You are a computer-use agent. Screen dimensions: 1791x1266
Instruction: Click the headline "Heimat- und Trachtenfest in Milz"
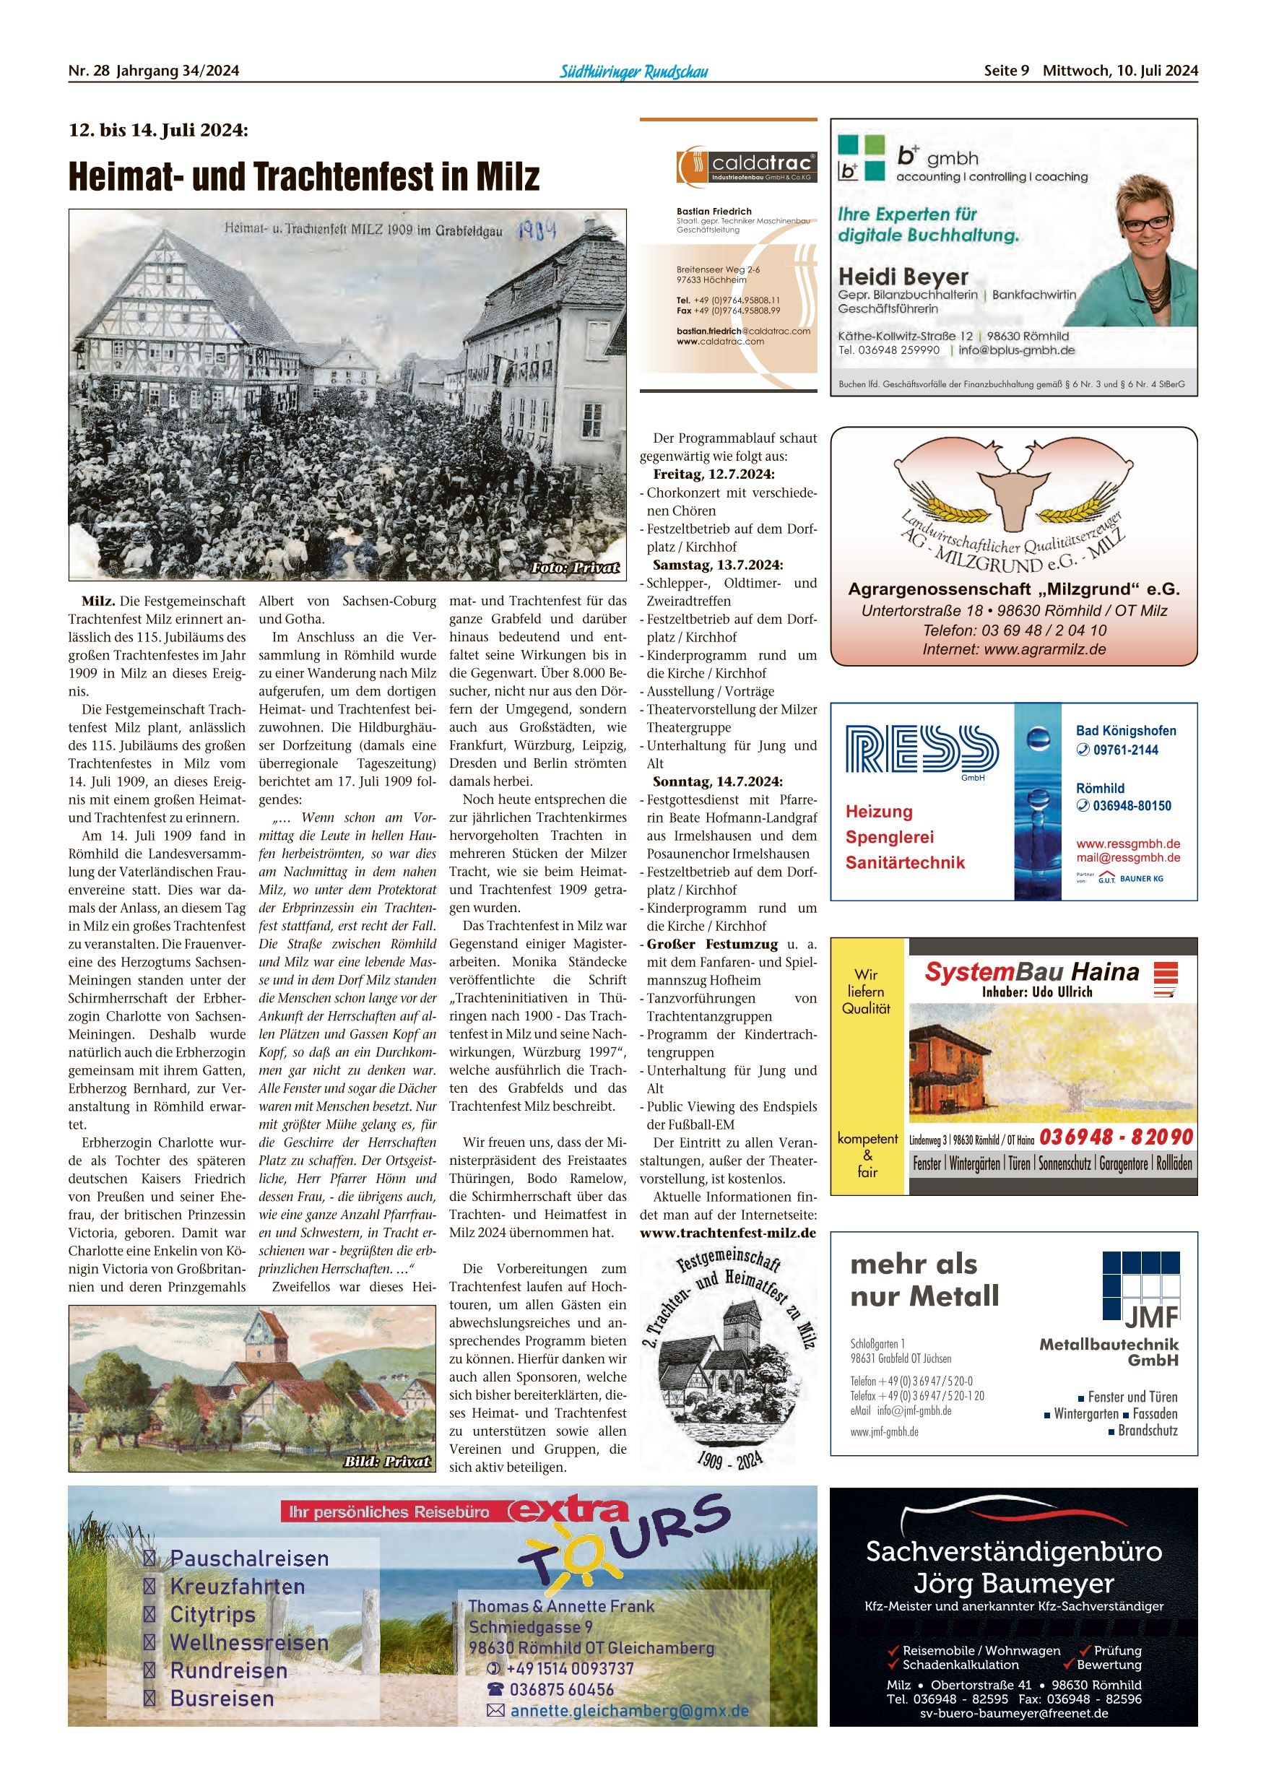(x=303, y=176)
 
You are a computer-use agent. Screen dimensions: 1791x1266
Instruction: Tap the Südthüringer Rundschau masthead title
(x=633, y=71)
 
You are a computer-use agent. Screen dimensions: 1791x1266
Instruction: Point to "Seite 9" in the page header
(x=1006, y=71)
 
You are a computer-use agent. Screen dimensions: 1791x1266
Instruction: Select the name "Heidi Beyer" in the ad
(x=903, y=277)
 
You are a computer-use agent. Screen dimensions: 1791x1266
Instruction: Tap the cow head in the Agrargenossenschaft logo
(x=1013, y=497)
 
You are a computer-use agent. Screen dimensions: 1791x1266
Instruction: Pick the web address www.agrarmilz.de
(x=1044, y=649)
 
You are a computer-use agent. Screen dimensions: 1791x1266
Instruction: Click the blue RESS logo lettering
(x=922, y=749)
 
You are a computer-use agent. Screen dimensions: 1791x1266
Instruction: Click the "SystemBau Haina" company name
(x=1031, y=972)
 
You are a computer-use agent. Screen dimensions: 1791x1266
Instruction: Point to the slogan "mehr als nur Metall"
(x=924, y=1280)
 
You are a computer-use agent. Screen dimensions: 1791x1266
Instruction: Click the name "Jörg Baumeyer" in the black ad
(x=1013, y=1584)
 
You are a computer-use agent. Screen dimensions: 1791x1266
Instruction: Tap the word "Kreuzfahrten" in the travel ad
(x=237, y=1587)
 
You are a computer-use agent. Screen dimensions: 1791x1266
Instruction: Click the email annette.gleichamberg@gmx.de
(x=629, y=1711)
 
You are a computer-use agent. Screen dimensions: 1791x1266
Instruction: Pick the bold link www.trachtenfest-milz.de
(x=727, y=1233)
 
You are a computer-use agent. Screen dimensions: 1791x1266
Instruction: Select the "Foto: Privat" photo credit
(x=575, y=567)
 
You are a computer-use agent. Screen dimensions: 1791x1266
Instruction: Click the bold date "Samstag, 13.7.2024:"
(x=717, y=565)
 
